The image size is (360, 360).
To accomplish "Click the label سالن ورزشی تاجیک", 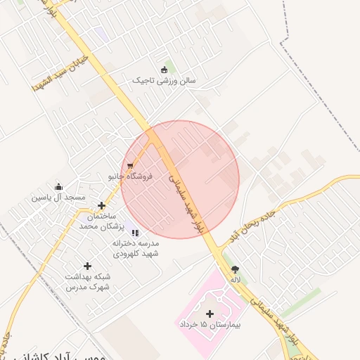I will (165, 81).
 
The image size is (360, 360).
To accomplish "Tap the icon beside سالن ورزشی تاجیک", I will (165, 70).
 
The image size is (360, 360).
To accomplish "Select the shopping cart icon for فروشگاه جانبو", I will (130, 166).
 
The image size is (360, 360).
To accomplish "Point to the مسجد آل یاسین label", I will (58, 198).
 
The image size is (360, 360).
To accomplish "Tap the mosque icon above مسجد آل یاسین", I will (58, 187).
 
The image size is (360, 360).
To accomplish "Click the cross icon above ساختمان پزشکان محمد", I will (101, 206).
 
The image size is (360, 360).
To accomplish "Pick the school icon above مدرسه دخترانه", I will (135, 232).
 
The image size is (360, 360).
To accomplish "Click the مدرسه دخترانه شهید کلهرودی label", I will (136, 247).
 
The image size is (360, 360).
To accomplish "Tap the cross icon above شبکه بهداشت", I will (87, 266).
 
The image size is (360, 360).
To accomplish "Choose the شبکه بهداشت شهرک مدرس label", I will (88, 283).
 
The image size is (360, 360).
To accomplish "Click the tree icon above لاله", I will (235, 269).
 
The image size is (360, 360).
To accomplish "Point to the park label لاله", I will (235, 280).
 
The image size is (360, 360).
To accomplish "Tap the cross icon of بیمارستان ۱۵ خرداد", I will (209, 314).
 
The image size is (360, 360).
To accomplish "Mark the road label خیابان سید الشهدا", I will (59, 72).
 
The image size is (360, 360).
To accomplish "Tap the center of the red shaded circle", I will (180, 179).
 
